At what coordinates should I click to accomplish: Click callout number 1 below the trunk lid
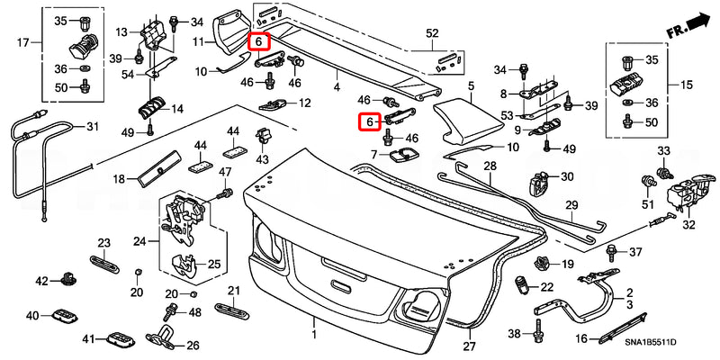[314, 334]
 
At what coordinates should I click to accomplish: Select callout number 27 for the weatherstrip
[468, 346]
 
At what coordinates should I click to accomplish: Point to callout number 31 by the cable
[91, 127]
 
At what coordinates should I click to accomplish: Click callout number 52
[432, 34]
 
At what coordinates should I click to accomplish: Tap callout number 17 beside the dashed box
[23, 42]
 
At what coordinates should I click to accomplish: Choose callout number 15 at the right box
[688, 85]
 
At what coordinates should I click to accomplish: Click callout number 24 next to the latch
[139, 240]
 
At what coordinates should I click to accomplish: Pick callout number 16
[581, 338]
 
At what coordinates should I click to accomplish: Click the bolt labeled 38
[538, 334]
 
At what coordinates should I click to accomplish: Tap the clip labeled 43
[263, 137]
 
